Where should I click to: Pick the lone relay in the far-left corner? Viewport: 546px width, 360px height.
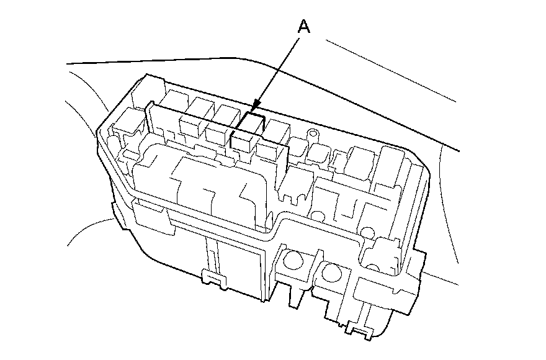(128, 123)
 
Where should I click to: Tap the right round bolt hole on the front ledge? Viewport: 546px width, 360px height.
(333, 273)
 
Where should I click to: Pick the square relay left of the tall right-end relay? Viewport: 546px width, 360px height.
(360, 161)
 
